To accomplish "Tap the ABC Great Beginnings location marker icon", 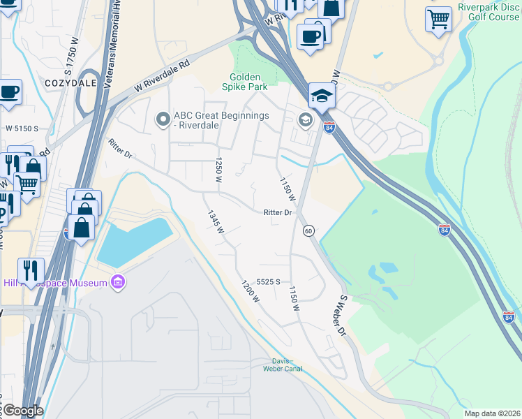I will tap(163, 120).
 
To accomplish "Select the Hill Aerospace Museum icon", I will tap(118, 283).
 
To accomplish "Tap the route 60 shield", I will tap(308, 230).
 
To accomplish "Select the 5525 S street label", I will tap(268, 281).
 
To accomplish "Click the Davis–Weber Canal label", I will tap(283, 365).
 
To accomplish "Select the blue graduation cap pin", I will tap(322, 95).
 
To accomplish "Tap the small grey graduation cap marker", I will tap(305, 120).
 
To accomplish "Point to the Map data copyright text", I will tap(492, 413).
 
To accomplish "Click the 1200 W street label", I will tap(251, 292).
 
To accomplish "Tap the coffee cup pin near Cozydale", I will tap(9, 91).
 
